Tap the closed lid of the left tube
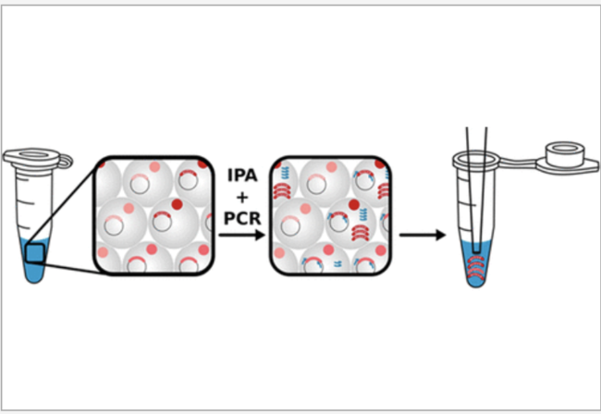pos(29,152)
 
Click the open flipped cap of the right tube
pos(563,153)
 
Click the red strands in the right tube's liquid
pos(478,268)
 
